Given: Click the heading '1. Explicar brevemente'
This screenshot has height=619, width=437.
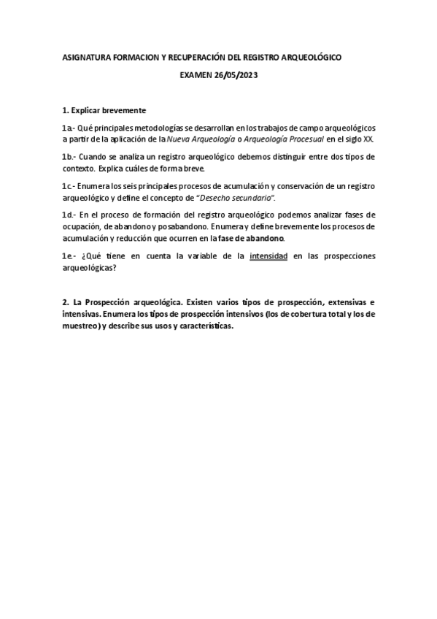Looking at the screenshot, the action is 104,111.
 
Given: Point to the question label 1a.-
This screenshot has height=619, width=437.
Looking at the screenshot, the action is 69,128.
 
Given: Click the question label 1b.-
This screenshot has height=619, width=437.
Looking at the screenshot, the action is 70,156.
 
